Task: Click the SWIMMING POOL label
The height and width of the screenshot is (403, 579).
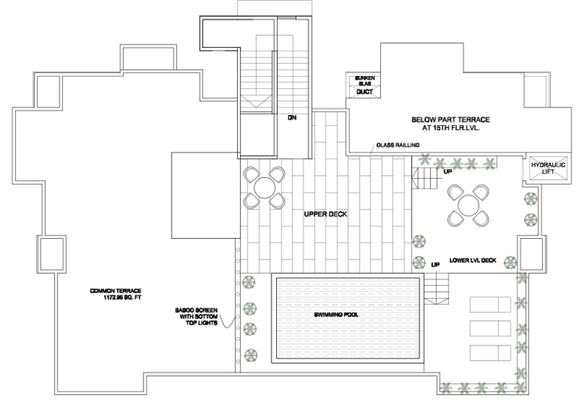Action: click(336, 315)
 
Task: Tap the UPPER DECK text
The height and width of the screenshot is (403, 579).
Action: click(325, 214)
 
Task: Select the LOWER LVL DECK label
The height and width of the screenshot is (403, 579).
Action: click(473, 261)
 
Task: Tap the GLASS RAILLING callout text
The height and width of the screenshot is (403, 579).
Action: click(397, 144)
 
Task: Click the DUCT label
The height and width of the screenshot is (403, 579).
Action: click(364, 92)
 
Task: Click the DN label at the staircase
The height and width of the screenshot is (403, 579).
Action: click(292, 118)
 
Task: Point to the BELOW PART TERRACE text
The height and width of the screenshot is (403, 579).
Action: click(450, 119)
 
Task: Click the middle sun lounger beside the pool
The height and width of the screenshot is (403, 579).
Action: click(489, 328)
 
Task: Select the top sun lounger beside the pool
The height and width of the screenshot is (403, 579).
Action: click(489, 304)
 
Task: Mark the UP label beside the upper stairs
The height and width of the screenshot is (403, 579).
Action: click(448, 171)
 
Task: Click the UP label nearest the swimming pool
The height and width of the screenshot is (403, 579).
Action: click(435, 264)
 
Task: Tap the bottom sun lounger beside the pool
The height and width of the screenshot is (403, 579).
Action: click(489, 352)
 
